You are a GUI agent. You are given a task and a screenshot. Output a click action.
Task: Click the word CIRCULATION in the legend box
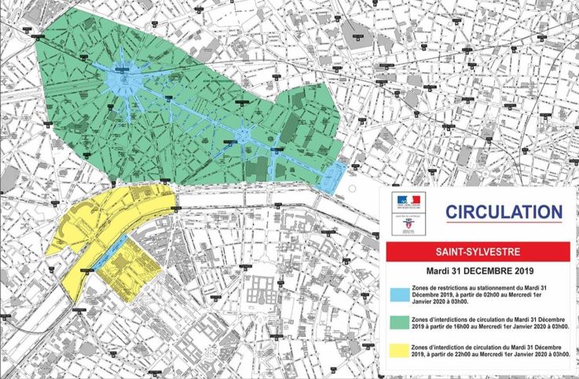(504, 212)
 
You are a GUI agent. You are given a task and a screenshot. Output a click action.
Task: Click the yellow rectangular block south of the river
(141, 279)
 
